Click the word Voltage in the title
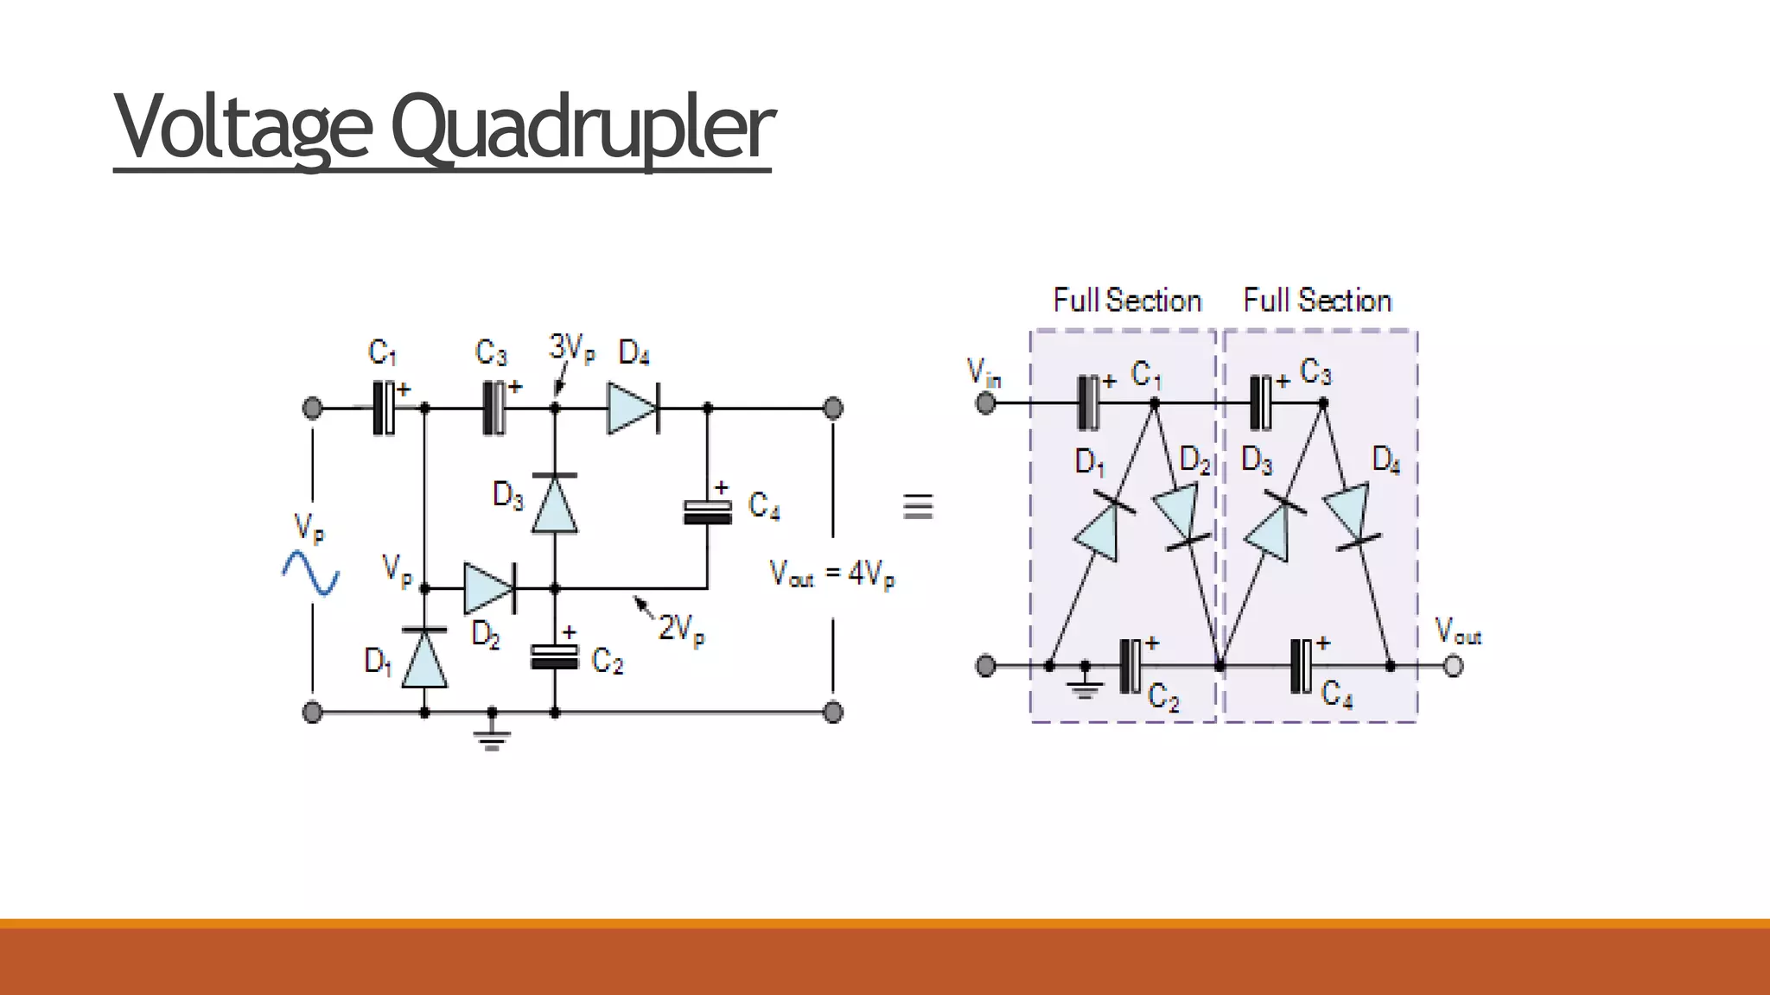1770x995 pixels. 244,127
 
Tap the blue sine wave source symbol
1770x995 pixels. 310,574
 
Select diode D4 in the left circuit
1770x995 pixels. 633,408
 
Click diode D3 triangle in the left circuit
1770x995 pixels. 555,504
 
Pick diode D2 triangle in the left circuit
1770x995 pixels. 488,588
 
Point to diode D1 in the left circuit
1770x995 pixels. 424,658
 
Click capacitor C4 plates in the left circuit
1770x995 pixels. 708,512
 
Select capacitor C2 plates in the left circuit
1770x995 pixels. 554,657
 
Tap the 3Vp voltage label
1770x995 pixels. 571,348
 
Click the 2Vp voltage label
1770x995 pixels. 681,629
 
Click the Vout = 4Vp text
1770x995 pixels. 831,574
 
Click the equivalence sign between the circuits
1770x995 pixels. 918,506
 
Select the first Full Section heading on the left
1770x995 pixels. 1127,301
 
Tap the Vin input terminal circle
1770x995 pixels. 985,402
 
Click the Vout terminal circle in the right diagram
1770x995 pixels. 1454,666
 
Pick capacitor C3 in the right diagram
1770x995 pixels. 1263,402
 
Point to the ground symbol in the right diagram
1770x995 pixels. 1086,686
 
